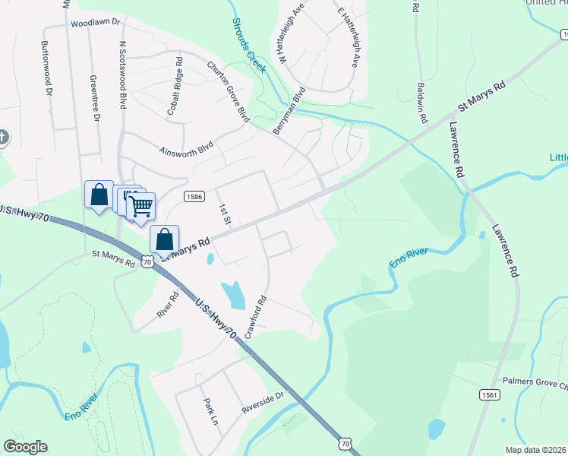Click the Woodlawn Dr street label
pyautogui.click(x=96, y=24)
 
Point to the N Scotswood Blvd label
pyautogui.click(x=121, y=74)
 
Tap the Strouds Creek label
pyautogui.click(x=249, y=46)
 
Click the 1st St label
pyautogui.click(x=224, y=214)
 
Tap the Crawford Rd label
pyautogui.click(x=255, y=316)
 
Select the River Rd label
pyautogui.click(x=166, y=304)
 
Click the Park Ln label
pyautogui.click(x=210, y=411)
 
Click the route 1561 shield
pyautogui.click(x=489, y=394)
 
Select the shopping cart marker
pyautogui.click(x=140, y=204)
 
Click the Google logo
pyautogui.click(x=25, y=447)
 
